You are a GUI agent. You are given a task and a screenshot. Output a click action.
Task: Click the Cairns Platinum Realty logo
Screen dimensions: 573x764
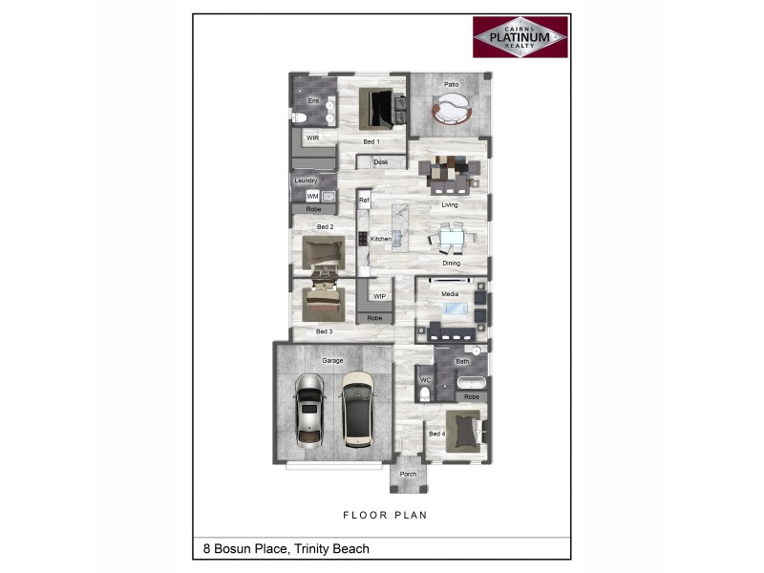pos(520,36)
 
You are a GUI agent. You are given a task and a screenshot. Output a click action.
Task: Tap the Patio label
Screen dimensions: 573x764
pos(452,84)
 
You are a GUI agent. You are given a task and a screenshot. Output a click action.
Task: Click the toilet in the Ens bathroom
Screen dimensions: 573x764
pos(298,117)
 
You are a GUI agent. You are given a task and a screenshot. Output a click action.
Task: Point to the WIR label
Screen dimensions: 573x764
pos(312,138)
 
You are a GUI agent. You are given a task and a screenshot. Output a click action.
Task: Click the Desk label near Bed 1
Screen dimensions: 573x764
pos(381,162)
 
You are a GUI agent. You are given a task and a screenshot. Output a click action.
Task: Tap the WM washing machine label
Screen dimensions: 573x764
pos(312,196)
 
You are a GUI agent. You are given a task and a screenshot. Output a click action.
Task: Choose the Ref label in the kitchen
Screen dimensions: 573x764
pos(363,201)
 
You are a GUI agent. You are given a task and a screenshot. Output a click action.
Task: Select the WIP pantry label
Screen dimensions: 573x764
pos(379,296)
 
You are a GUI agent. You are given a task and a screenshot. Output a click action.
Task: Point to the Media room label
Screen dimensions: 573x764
pos(449,295)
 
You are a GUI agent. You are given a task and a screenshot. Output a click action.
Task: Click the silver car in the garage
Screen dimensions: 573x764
pos(308,409)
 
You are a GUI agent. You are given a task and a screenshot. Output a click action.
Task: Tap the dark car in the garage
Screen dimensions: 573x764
pos(358,406)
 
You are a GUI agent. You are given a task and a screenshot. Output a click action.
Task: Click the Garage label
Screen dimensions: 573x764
pos(332,360)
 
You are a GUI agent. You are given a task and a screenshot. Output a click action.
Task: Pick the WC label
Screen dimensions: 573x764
pos(425,379)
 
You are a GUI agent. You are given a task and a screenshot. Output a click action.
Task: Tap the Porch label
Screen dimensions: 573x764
pos(408,474)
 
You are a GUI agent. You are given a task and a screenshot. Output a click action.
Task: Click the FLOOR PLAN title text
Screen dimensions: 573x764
pos(384,515)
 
